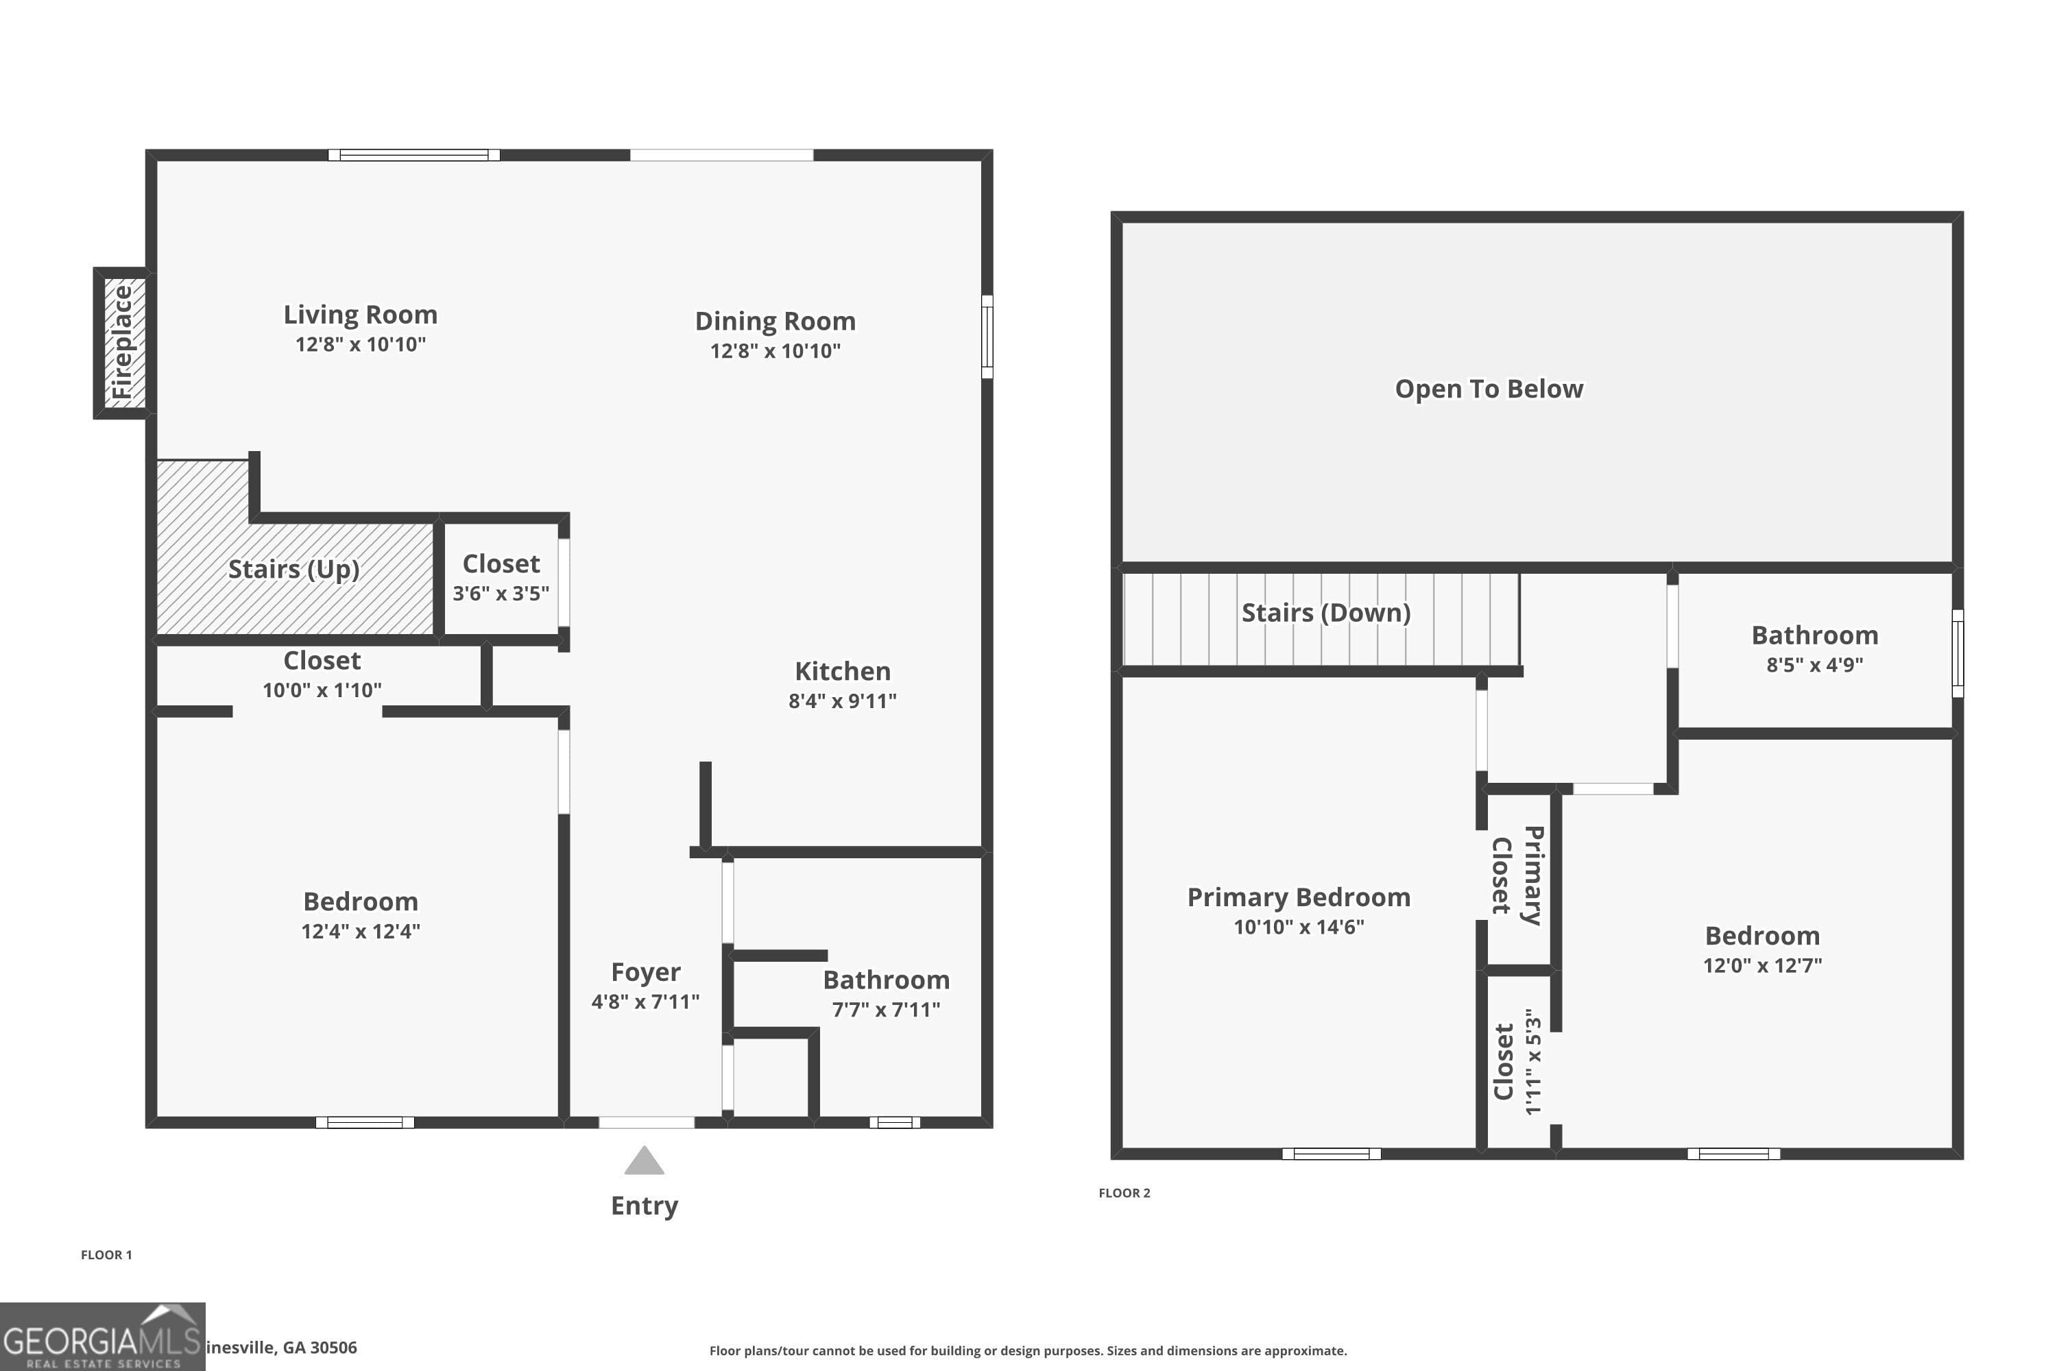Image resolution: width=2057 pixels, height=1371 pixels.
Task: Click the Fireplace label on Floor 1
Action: pyautogui.click(x=123, y=343)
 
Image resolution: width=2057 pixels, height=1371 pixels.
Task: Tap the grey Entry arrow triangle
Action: pyautogui.click(x=644, y=1161)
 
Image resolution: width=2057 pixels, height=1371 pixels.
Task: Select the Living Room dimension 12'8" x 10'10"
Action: pyautogui.click(x=361, y=345)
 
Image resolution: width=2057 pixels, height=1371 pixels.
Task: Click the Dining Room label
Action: pyautogui.click(x=775, y=321)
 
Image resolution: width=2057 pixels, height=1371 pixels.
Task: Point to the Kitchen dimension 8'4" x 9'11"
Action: pyautogui.click(x=842, y=701)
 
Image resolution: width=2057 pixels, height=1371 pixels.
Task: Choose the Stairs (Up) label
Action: pyautogui.click(x=294, y=569)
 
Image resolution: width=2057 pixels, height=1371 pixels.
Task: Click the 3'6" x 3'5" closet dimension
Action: pyautogui.click(x=501, y=594)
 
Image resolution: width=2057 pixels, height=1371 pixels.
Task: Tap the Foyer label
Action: pyautogui.click(x=645, y=971)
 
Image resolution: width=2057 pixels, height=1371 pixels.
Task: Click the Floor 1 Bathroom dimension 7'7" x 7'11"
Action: pyautogui.click(x=886, y=1010)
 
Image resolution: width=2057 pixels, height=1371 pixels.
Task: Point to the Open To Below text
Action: pyautogui.click(x=1489, y=389)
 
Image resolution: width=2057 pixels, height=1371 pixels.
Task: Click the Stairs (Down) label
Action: pyautogui.click(x=1326, y=613)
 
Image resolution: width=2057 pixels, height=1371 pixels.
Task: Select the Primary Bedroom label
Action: pyautogui.click(x=1299, y=897)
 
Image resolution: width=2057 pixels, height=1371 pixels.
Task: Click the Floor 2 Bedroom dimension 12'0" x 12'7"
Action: pyautogui.click(x=1762, y=965)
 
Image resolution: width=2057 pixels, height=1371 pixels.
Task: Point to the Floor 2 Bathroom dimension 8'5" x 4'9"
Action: pyautogui.click(x=1815, y=664)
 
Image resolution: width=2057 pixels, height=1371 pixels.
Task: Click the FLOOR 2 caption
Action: pyautogui.click(x=1124, y=1193)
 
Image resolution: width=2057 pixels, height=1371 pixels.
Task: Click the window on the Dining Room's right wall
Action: pyautogui.click(x=987, y=337)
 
